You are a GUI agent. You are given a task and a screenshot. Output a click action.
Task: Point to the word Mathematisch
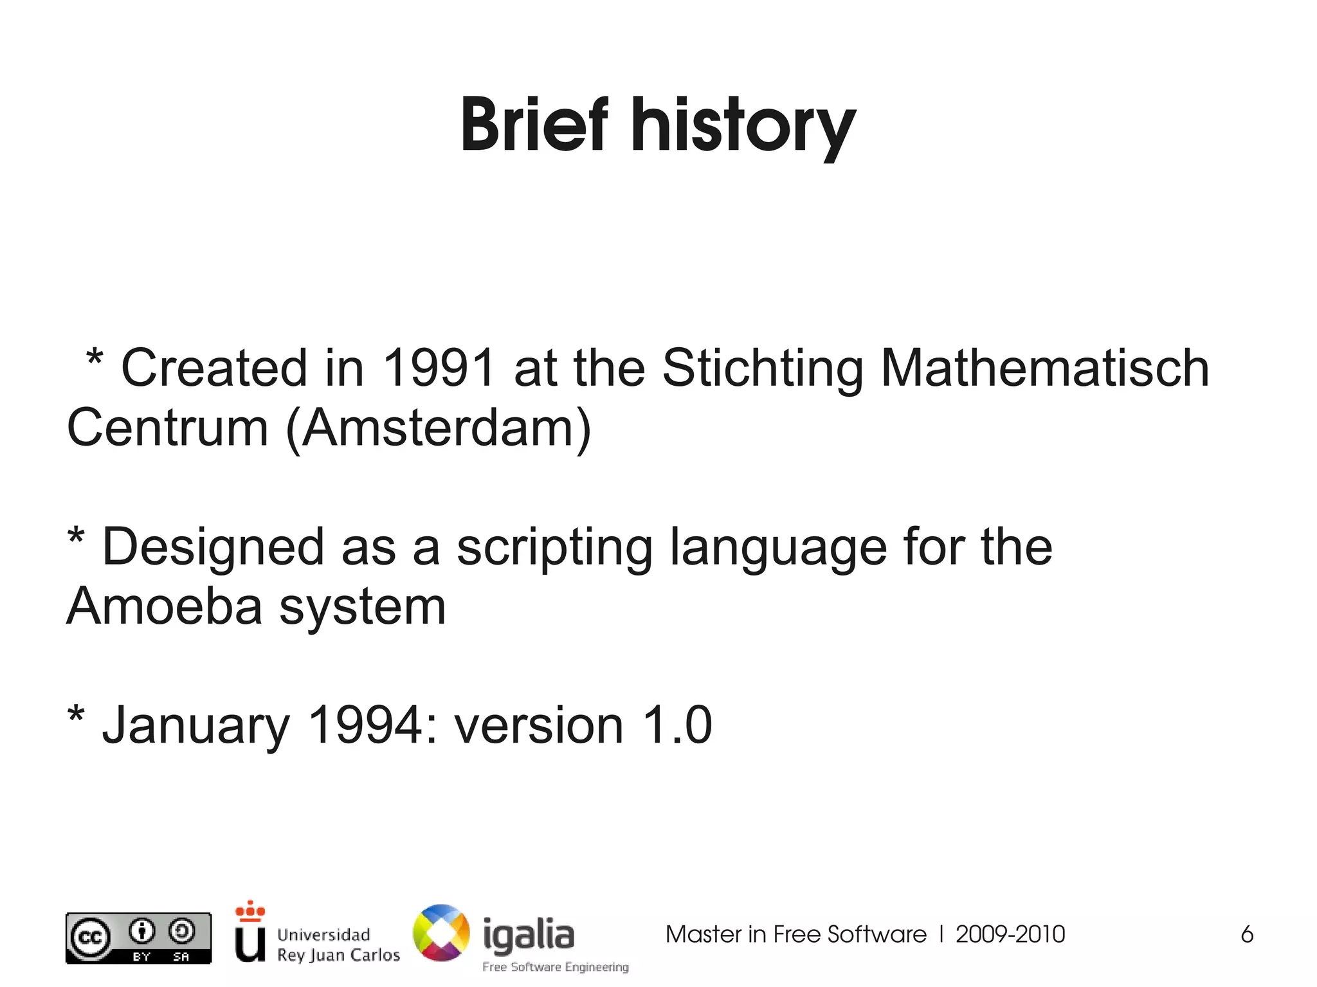tap(1045, 368)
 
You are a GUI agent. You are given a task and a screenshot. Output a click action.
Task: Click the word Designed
tap(213, 548)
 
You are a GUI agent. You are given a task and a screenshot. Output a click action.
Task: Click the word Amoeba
tap(165, 606)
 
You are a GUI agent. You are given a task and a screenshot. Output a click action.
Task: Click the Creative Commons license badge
tap(138, 938)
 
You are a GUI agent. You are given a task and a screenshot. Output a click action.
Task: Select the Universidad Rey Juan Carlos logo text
tap(338, 944)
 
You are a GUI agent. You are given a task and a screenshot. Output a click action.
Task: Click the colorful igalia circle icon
tap(441, 933)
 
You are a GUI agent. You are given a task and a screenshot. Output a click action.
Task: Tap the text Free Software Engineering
tap(555, 967)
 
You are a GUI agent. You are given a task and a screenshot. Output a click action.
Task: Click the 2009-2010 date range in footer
tap(1010, 934)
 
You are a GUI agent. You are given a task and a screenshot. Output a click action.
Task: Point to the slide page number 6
tap(1246, 934)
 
